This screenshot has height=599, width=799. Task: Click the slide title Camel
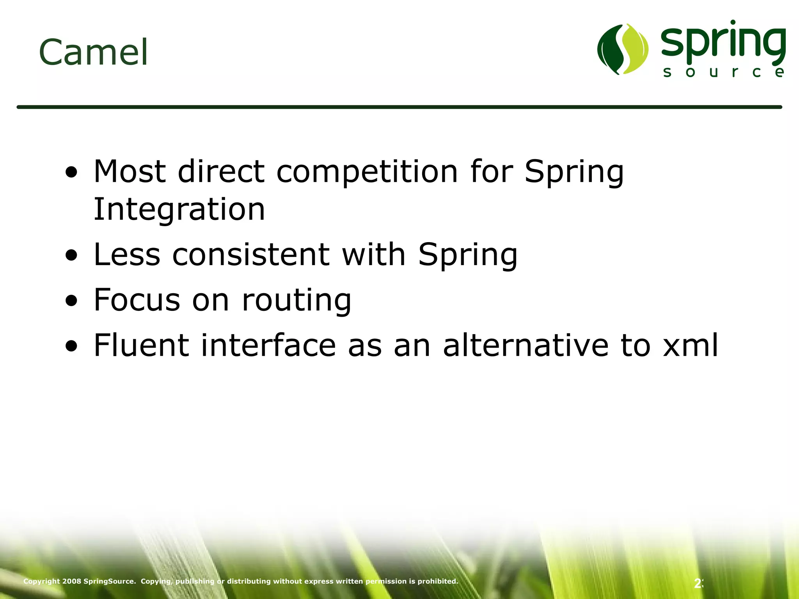click(94, 52)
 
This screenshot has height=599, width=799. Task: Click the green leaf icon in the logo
click(623, 49)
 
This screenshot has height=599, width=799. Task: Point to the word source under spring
click(724, 72)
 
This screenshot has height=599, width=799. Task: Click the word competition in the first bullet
click(367, 172)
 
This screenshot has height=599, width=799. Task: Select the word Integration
click(179, 209)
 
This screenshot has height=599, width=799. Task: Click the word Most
click(130, 172)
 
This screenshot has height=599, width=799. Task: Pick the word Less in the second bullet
click(127, 255)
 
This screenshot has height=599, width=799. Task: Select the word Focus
click(137, 299)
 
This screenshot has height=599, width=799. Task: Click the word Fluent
click(141, 345)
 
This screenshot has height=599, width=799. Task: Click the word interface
click(268, 345)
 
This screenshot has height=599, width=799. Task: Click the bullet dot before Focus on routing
click(71, 301)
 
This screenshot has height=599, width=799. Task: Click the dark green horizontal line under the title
click(399, 107)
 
